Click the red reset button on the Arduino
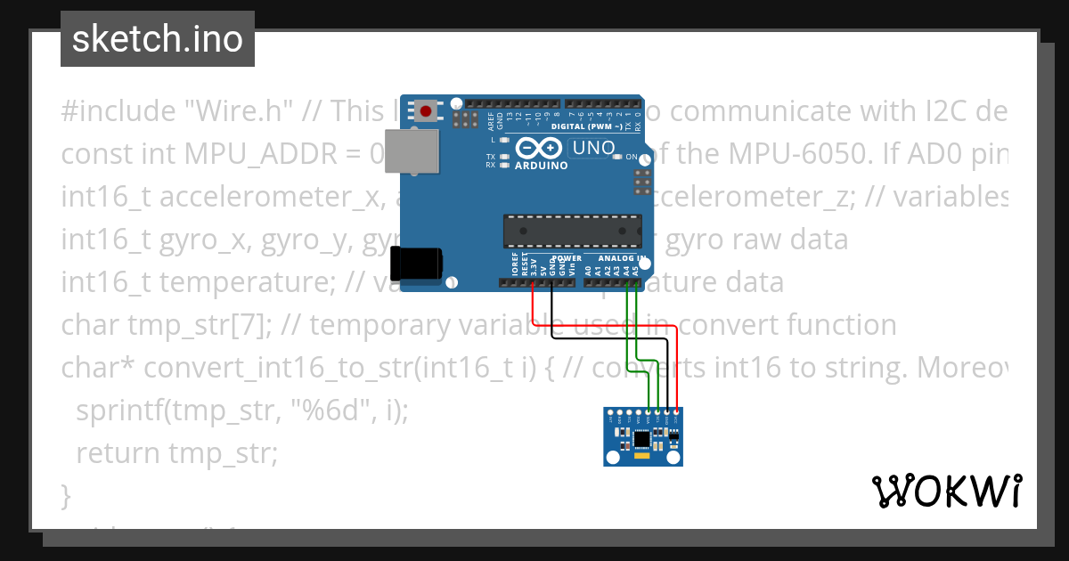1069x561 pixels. pyautogui.click(x=427, y=112)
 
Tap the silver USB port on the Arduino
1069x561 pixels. pyautogui.click(x=420, y=152)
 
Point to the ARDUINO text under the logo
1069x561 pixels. pyautogui.click(x=541, y=165)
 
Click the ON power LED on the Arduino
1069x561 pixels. pyautogui.click(x=617, y=157)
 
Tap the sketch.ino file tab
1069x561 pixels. pyautogui.click(x=158, y=39)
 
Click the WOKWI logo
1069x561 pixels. pyautogui.click(x=946, y=491)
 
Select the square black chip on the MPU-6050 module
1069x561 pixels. pyautogui.click(x=642, y=438)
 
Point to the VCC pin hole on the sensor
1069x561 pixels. pyautogui.click(x=677, y=412)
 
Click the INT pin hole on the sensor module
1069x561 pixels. pyautogui.click(x=611, y=412)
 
